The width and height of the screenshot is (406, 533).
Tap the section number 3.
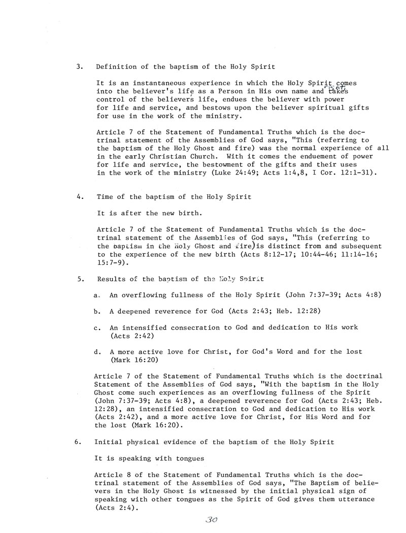(x=79, y=66)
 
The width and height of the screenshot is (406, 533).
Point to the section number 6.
(x=78, y=442)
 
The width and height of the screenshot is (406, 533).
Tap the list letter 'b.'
(x=97, y=311)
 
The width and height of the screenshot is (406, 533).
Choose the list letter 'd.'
(x=97, y=351)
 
